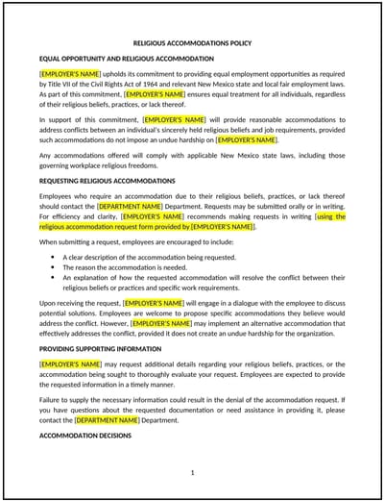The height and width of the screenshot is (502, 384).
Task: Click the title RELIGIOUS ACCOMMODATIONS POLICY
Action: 192,44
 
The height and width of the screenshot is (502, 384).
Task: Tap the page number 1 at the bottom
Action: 192,472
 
